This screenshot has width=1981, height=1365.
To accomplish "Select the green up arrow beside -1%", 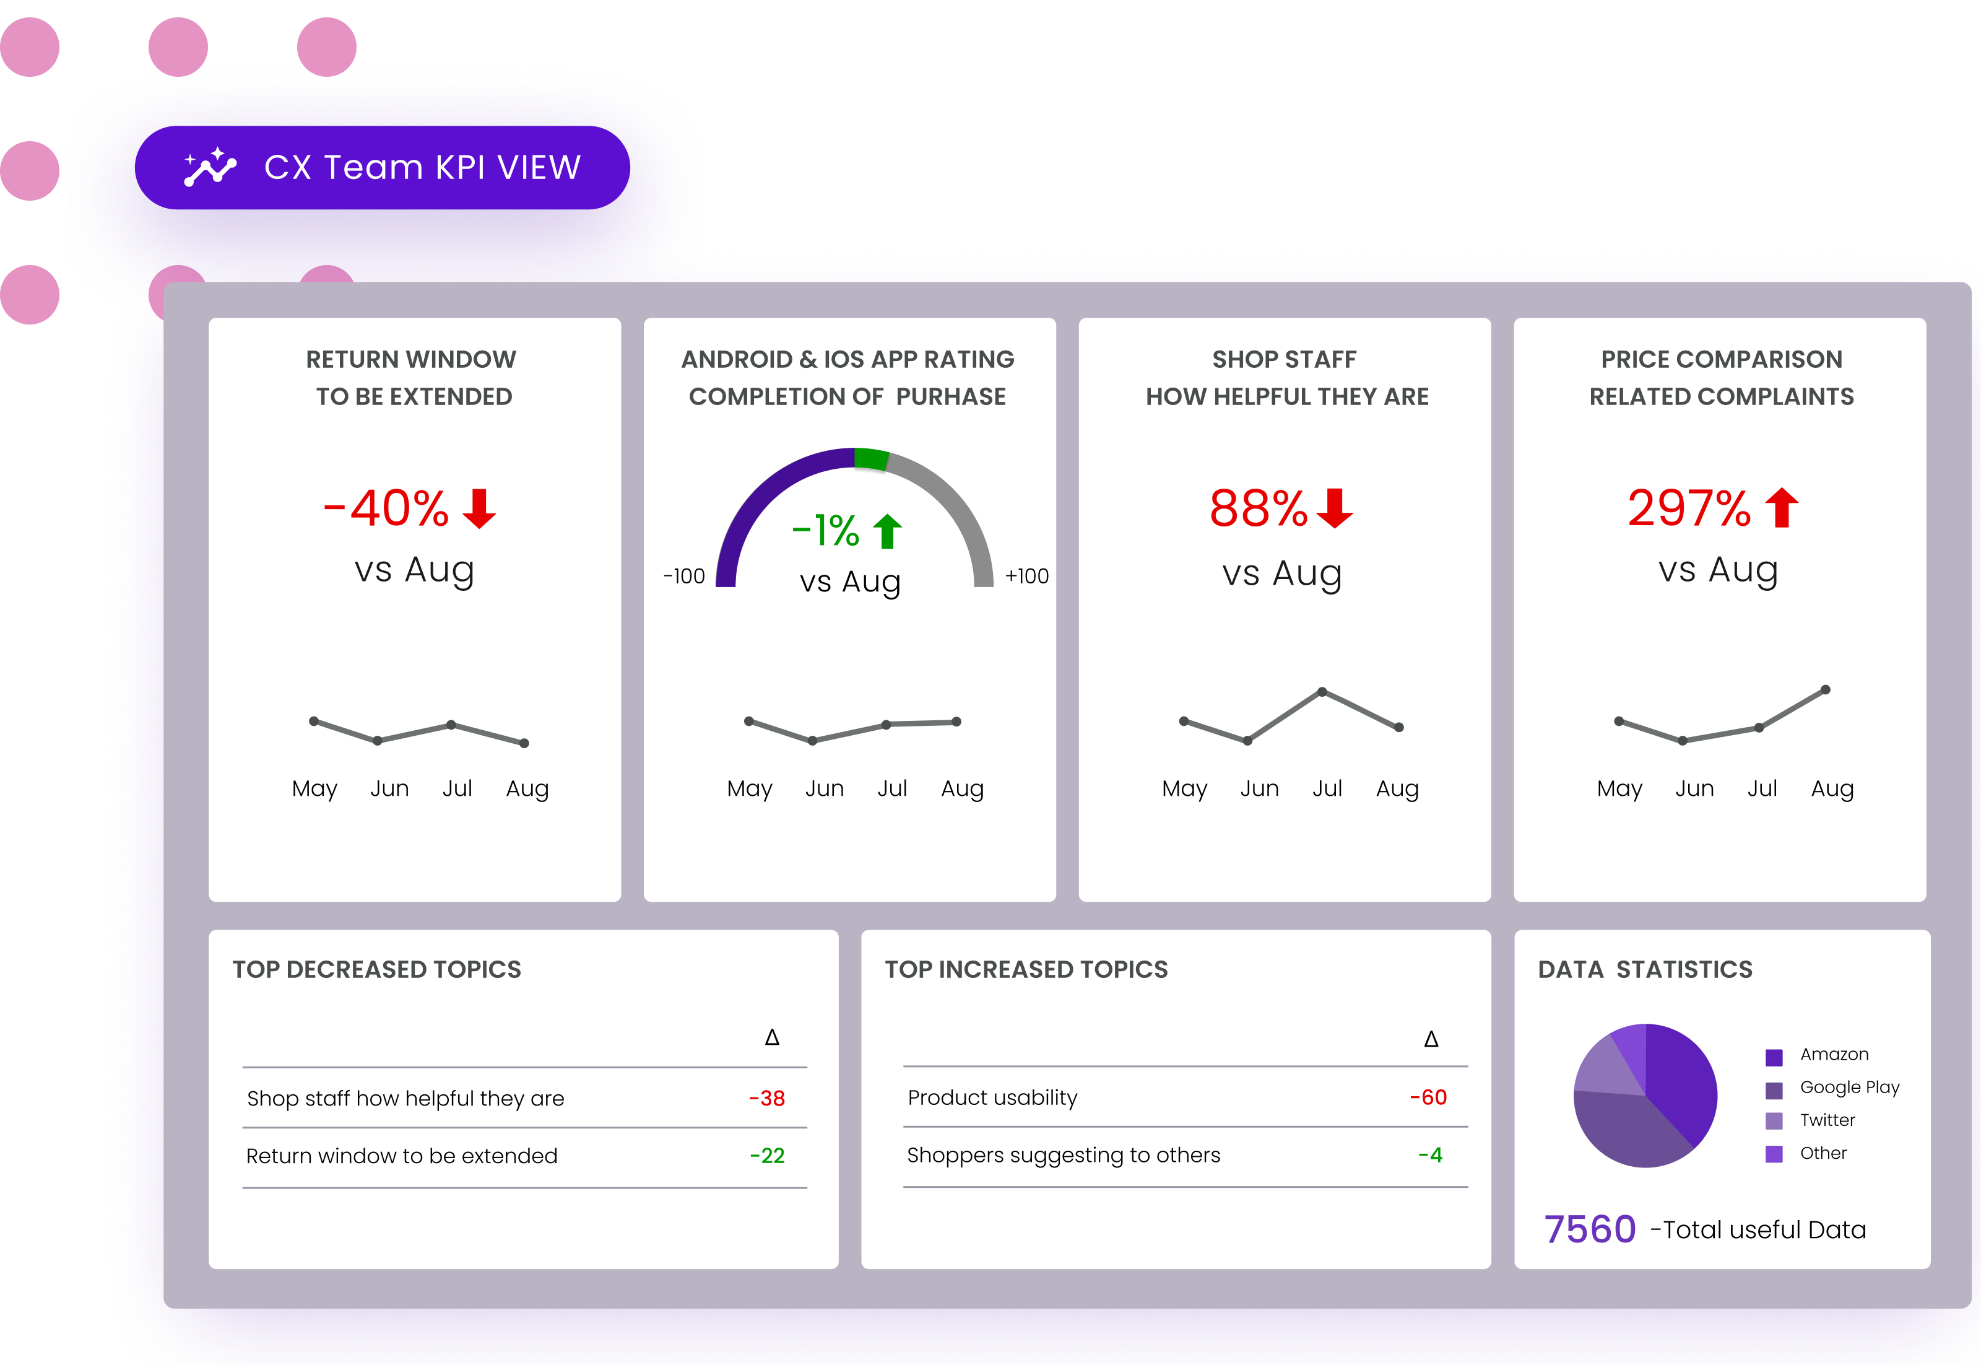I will tap(888, 531).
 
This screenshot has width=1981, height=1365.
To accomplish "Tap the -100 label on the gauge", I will tap(684, 577).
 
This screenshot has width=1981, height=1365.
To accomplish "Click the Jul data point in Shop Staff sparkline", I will tap(1322, 691).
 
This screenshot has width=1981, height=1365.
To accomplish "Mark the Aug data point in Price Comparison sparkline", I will tap(1826, 689).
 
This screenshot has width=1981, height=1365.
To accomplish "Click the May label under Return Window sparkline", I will tap(314, 788).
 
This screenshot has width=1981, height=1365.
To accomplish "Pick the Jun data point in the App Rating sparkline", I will tap(812, 741).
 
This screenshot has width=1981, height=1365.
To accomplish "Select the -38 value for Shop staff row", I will tap(767, 1098).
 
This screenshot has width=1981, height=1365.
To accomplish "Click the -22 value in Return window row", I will tap(767, 1156).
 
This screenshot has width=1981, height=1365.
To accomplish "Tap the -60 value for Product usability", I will tap(1428, 1097).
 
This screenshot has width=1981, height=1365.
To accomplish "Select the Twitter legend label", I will tap(1827, 1120).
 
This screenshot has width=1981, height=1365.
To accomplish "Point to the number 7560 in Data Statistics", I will tap(1589, 1229).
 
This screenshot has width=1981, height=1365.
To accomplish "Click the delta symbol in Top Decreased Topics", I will tap(772, 1037).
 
